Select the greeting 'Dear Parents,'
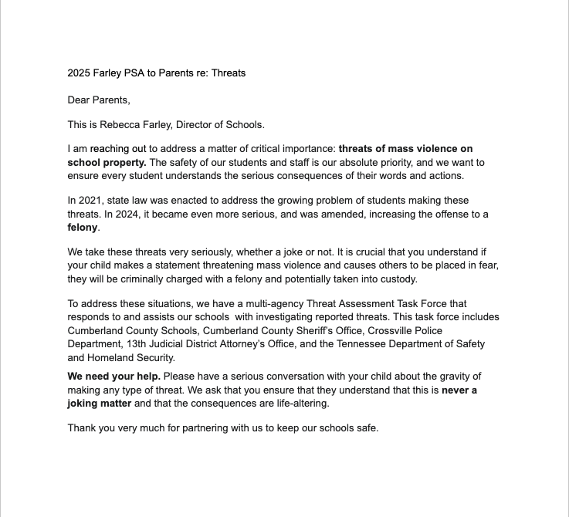[x=99, y=100]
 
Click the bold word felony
[x=83, y=228]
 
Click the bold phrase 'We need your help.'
[x=114, y=377]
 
